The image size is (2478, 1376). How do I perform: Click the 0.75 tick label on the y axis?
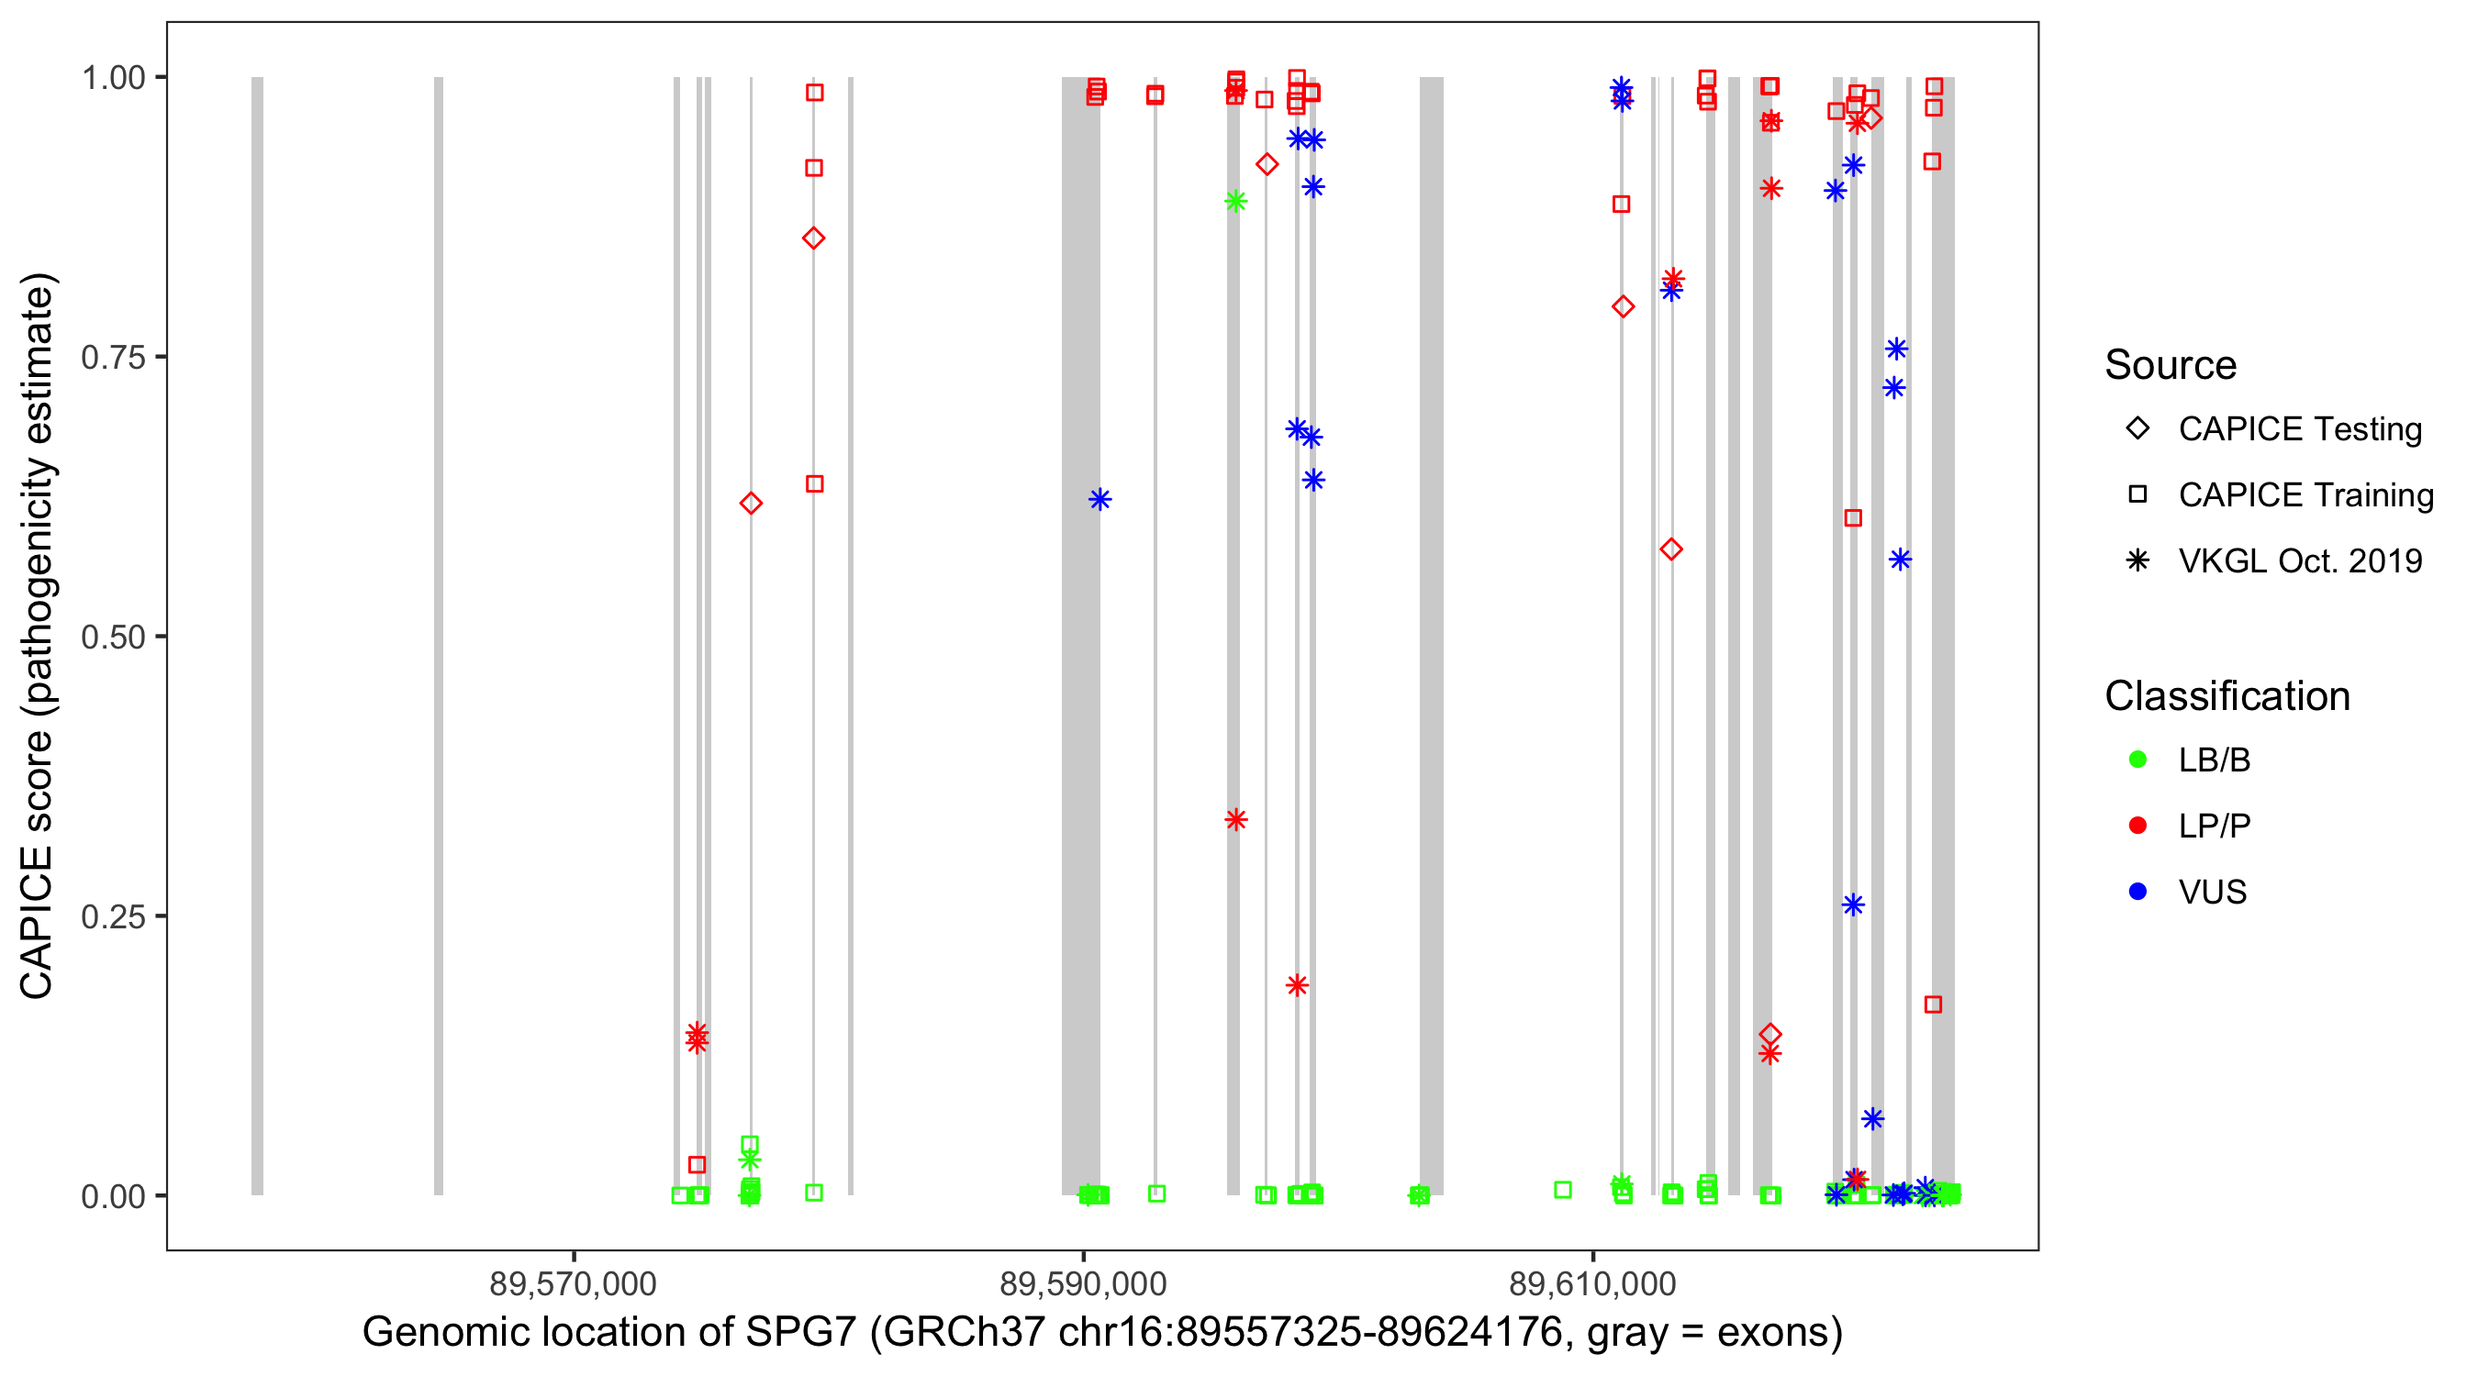[112, 358]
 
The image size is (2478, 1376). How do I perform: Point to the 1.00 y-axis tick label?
[112, 78]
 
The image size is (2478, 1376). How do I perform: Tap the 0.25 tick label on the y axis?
[112, 916]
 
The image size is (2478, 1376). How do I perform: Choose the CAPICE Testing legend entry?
[2299, 429]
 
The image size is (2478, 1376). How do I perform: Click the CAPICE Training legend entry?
[2305, 495]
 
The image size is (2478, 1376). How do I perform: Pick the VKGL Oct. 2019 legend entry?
[2299, 560]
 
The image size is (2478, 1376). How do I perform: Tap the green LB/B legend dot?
[2138, 760]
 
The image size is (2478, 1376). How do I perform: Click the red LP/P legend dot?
[2138, 826]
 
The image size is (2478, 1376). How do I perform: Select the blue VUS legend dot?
[2138, 892]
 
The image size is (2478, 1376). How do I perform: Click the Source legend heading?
[2171, 365]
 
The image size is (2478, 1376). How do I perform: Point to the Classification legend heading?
[2227, 696]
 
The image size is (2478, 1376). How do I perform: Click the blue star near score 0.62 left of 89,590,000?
[1099, 499]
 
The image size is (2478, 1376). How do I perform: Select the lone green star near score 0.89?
[1236, 201]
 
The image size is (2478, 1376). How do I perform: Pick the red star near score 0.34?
[1236, 819]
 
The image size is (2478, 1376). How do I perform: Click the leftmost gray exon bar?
[257, 635]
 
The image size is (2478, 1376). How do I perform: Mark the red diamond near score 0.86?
[814, 239]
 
